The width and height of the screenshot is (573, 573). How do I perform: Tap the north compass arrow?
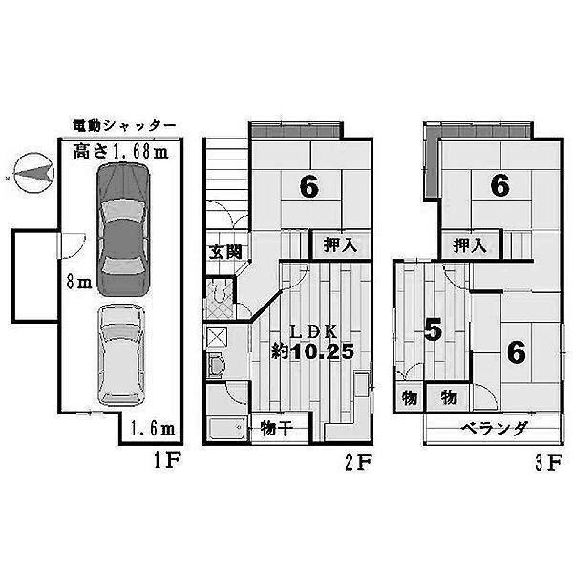(x=32, y=173)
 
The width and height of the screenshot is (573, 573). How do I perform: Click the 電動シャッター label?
(x=124, y=125)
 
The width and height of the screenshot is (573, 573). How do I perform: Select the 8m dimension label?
(x=83, y=283)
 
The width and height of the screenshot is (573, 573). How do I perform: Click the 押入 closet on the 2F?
(x=341, y=244)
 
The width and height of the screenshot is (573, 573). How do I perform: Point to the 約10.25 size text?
(x=314, y=351)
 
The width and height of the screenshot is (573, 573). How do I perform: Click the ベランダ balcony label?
(x=494, y=429)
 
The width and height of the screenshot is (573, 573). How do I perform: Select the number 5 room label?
(x=433, y=331)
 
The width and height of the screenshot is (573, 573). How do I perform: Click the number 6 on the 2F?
(x=308, y=188)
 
